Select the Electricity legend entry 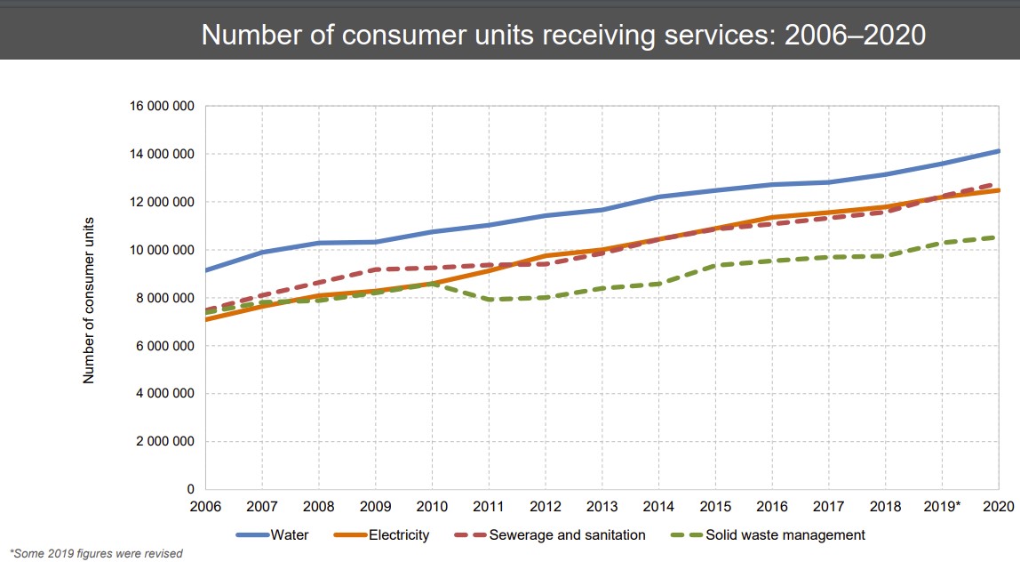pyautogui.click(x=382, y=535)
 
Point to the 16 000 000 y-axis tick pyautogui.click(x=163, y=106)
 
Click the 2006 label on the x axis pyautogui.click(x=206, y=507)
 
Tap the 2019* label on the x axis pyautogui.click(x=943, y=507)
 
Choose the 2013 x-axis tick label pyautogui.click(x=602, y=507)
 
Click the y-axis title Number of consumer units pyautogui.click(x=89, y=298)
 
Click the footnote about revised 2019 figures pyautogui.click(x=96, y=554)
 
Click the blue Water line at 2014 pyautogui.click(x=658, y=197)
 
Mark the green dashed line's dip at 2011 pyautogui.click(x=489, y=300)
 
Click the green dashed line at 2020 pyautogui.click(x=997, y=237)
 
